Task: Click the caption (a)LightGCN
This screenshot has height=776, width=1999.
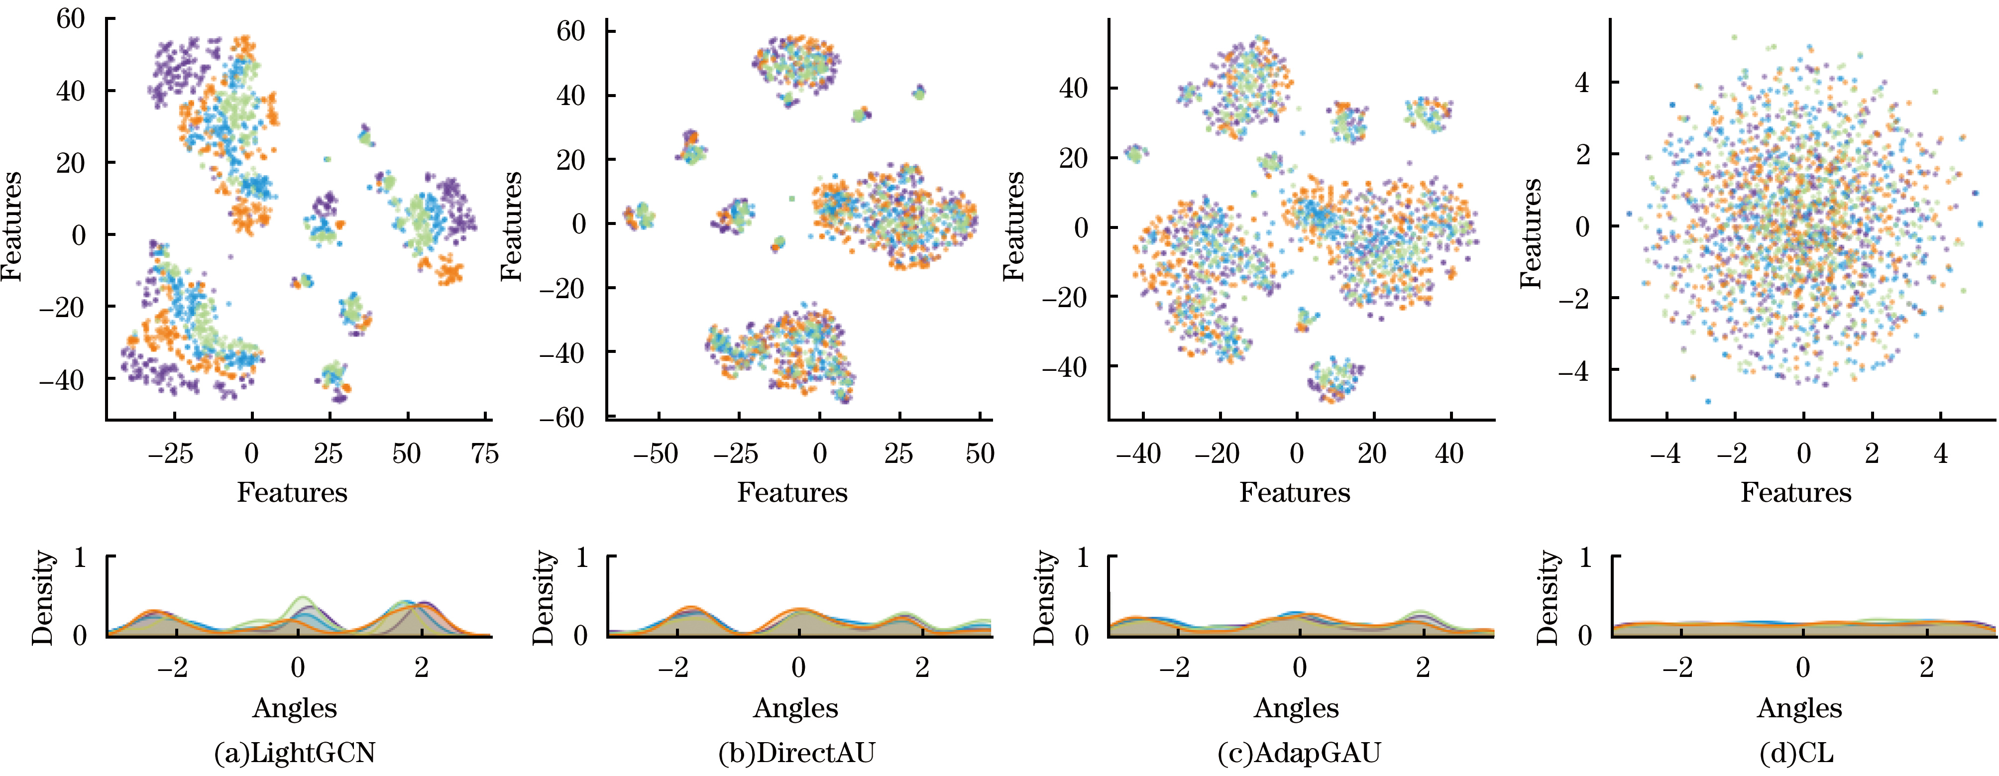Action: point(295,753)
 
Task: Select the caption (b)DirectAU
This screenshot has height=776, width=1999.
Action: point(797,753)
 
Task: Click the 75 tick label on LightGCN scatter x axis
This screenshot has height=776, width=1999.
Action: point(485,453)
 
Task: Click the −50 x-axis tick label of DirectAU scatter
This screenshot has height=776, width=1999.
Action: point(656,453)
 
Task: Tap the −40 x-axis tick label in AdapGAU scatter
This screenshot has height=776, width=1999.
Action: point(1138,453)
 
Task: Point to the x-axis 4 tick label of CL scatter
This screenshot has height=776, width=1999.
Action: point(1941,453)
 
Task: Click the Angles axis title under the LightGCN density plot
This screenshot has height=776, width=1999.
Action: point(295,708)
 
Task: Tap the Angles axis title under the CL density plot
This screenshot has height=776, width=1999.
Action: point(1799,708)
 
